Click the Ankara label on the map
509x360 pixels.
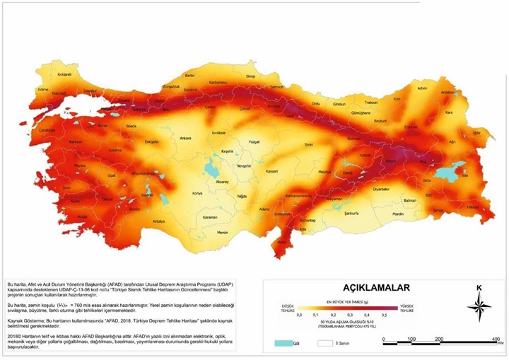pos(186,138)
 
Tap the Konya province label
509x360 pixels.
pos(197,193)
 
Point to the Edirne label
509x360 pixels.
pos(42,91)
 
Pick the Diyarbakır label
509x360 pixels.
pos(381,190)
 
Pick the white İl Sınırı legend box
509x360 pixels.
pos(324,343)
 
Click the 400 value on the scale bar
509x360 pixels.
pos(495,339)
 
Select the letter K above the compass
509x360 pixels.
pos(479,287)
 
